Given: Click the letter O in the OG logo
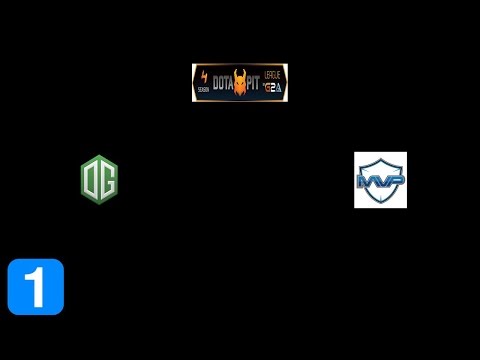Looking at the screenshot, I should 93,178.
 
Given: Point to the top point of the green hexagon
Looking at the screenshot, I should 99,155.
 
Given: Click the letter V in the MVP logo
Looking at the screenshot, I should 380,181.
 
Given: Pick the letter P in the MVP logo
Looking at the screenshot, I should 394,180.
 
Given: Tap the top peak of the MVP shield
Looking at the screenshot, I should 380,155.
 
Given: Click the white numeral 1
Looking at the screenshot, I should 36,287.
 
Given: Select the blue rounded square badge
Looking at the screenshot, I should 36,287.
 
